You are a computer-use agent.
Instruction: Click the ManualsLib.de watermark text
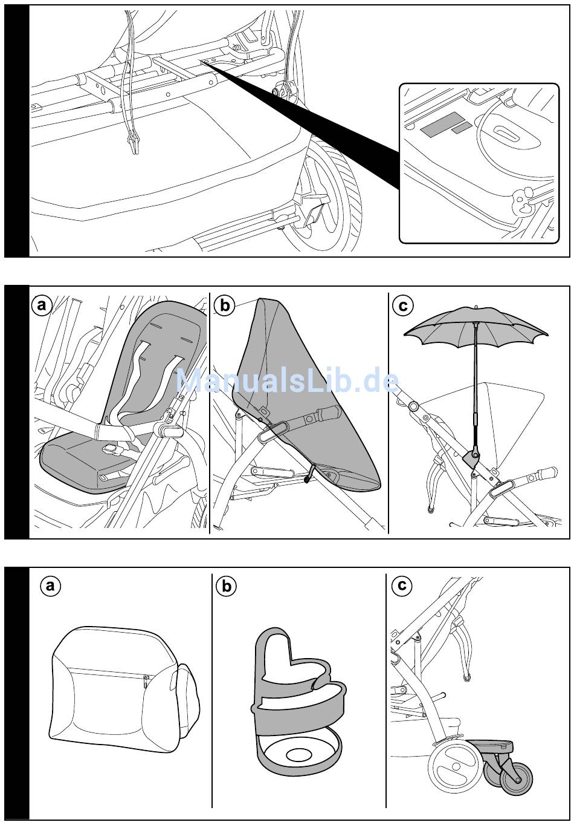287,382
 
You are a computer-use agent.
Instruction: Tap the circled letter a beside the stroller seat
41,305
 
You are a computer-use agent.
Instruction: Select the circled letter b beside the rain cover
225,305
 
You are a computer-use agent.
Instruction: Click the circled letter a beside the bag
50,585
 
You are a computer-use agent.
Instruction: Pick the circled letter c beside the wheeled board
401,585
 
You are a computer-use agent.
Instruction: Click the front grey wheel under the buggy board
517,780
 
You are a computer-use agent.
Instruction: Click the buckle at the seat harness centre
110,449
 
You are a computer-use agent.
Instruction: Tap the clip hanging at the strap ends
132,143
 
